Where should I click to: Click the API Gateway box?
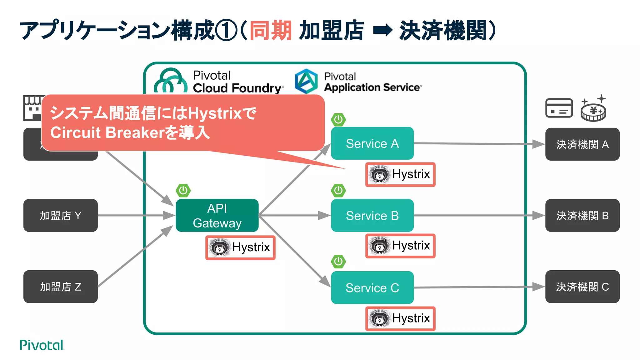[x=217, y=215]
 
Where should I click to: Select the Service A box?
[x=372, y=143]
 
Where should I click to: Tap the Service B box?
[x=372, y=215]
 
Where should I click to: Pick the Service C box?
[x=372, y=287]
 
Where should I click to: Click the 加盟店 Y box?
[x=60, y=215]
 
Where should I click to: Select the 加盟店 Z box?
[x=60, y=287]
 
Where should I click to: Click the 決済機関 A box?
[x=582, y=144]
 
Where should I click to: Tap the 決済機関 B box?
[x=582, y=215]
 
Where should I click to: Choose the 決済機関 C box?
[x=582, y=287]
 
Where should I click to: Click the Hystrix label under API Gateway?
[x=240, y=247]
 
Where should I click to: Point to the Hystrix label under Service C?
[x=400, y=318]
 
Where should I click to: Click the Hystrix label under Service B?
[x=400, y=246]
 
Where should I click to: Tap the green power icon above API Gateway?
[x=183, y=190]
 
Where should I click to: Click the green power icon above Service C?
[x=338, y=262]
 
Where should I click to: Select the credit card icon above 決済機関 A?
[x=559, y=108]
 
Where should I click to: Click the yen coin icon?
[x=593, y=111]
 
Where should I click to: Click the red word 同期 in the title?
[x=271, y=31]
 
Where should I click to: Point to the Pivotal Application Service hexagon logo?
[x=306, y=81]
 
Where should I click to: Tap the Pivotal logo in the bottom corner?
[x=42, y=345]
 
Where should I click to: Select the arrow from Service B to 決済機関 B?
[x=478, y=215]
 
